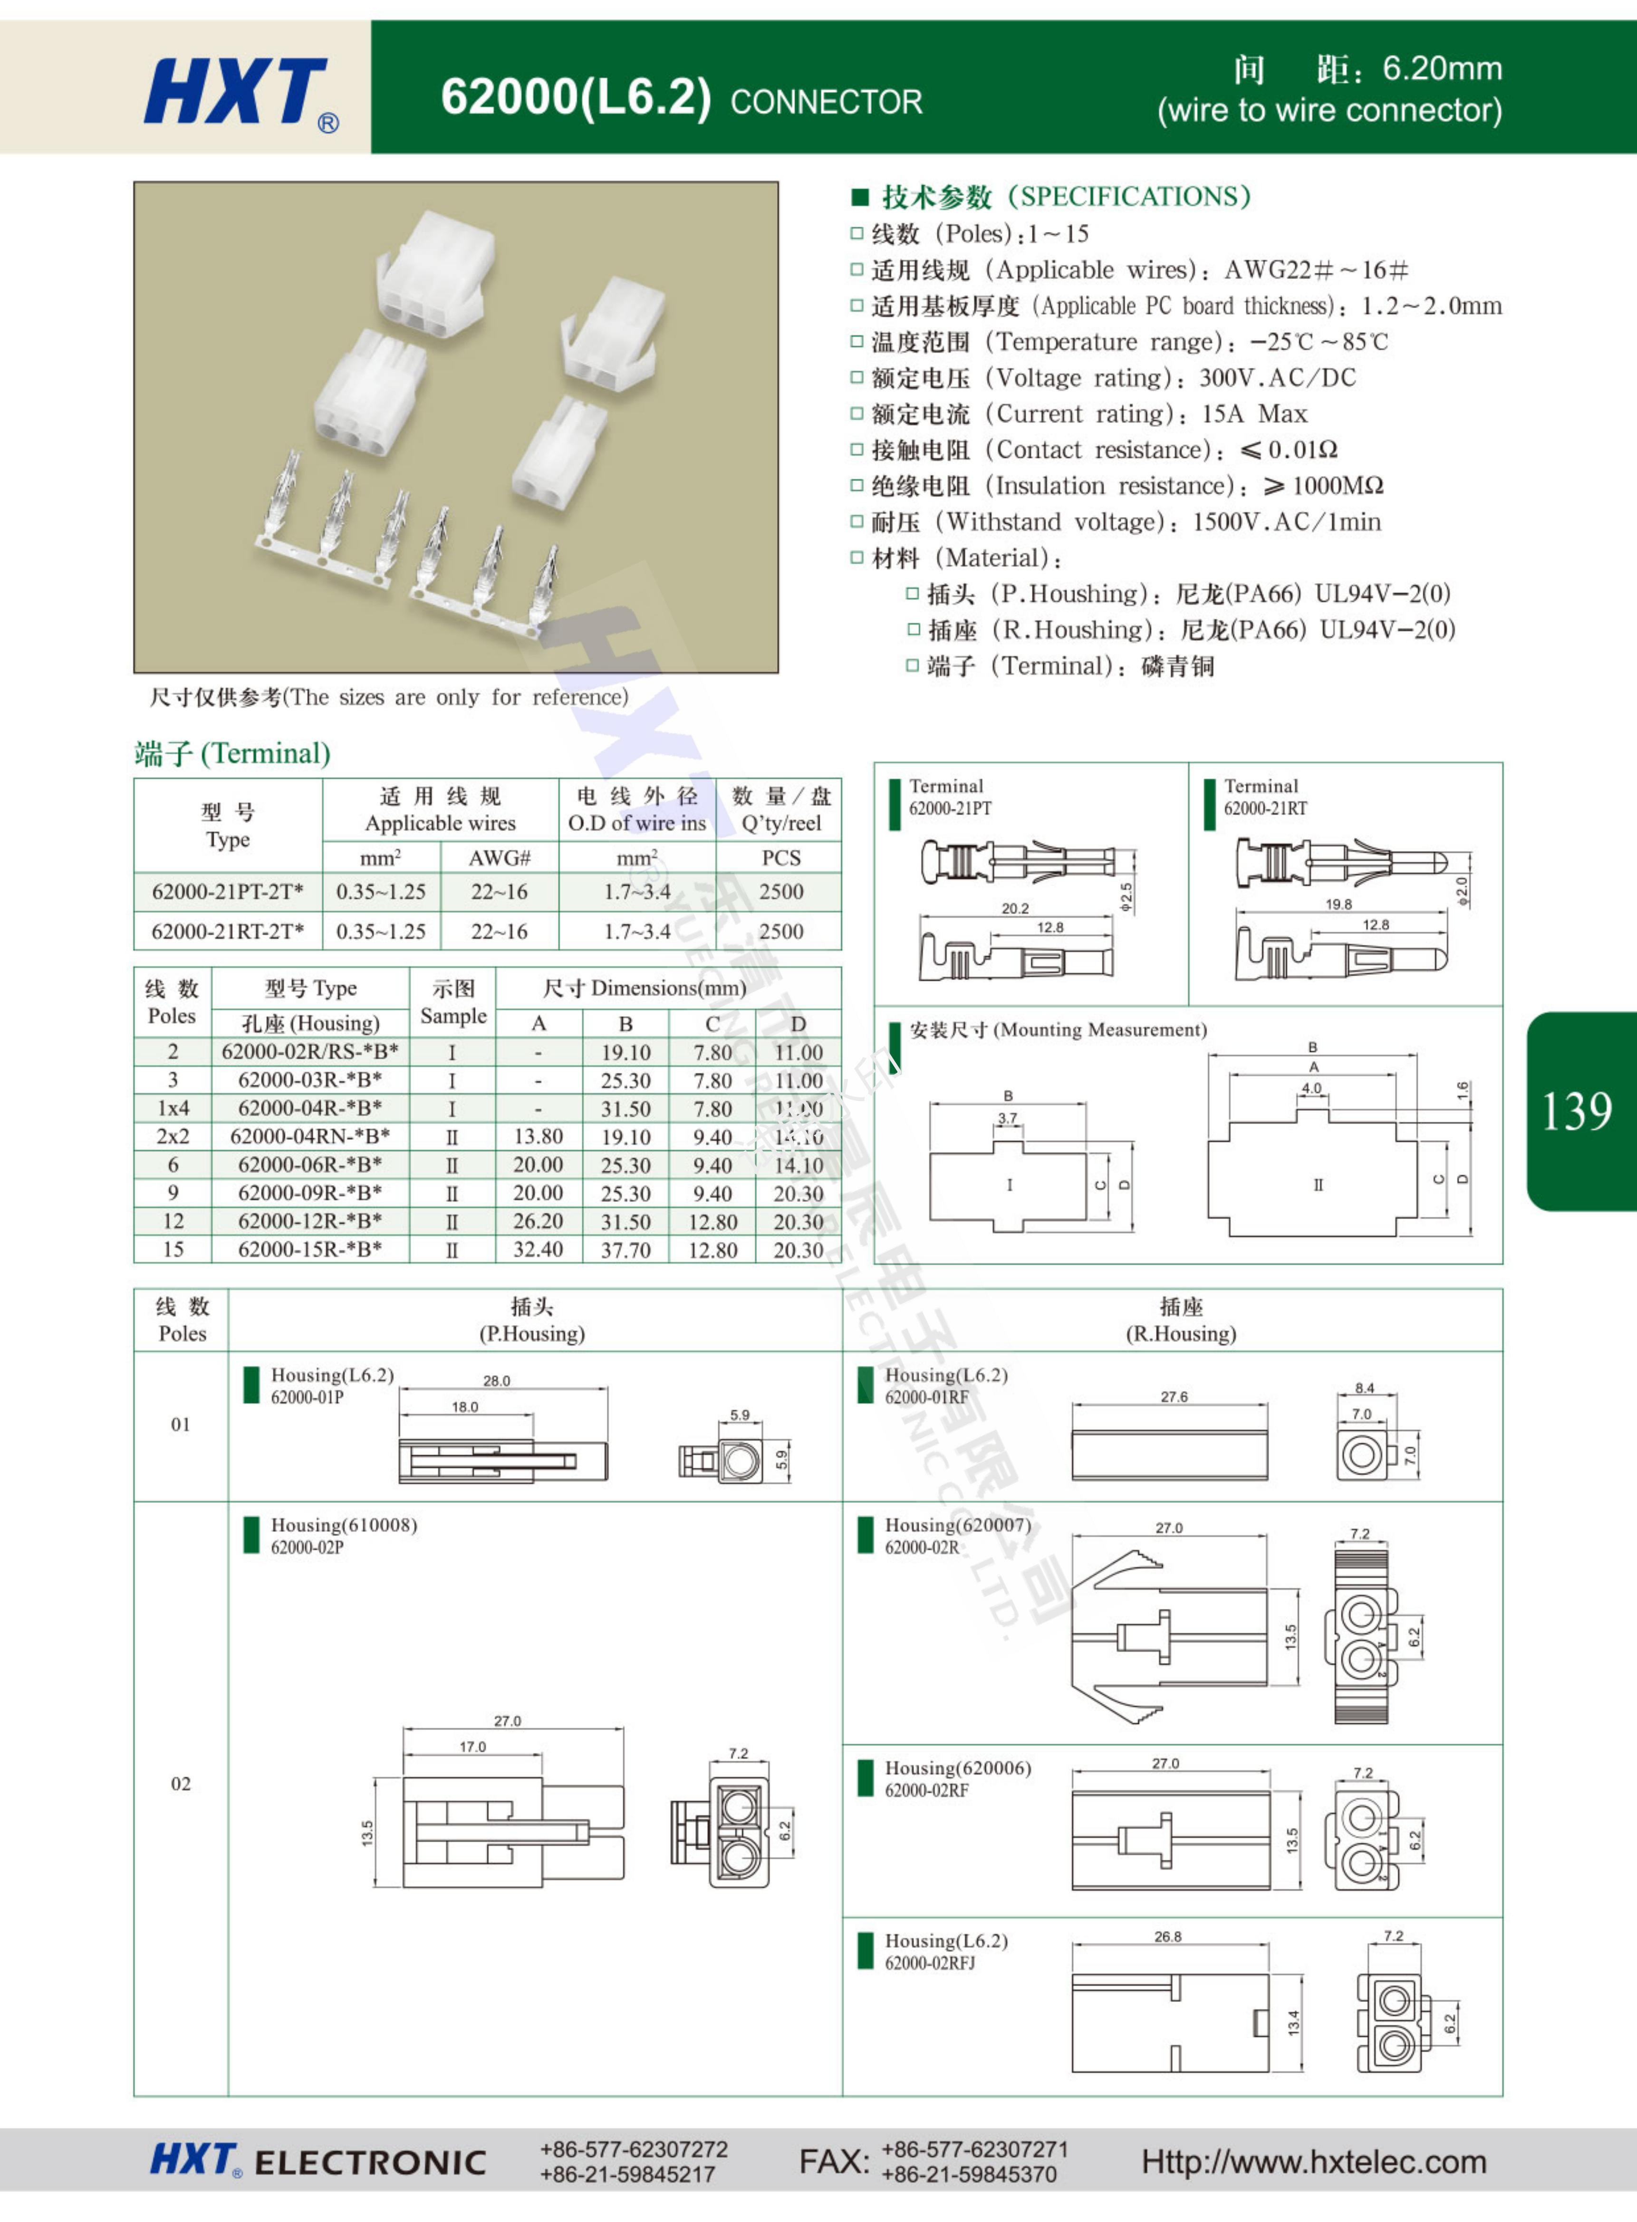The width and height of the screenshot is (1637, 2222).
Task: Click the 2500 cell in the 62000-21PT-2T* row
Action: [781, 892]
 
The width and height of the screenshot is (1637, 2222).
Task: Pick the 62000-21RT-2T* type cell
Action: [227, 931]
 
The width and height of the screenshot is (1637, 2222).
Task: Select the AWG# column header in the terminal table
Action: [500, 858]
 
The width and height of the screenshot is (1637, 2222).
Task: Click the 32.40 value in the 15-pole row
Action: [538, 1250]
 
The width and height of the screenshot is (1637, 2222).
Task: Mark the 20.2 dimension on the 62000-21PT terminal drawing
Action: [1015, 908]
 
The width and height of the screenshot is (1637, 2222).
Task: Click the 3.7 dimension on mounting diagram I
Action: [1007, 1118]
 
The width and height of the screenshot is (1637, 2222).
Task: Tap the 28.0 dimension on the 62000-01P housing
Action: [496, 1381]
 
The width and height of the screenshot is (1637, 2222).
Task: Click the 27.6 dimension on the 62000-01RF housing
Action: [1174, 1397]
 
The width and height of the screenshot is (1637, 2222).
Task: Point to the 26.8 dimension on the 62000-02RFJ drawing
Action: [1167, 1937]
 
